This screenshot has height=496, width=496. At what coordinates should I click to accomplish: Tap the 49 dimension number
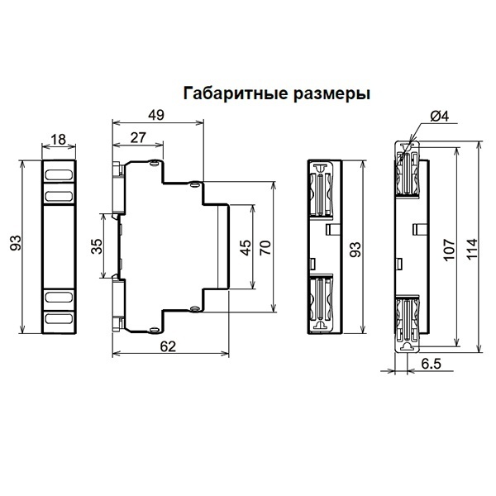coord(156,115)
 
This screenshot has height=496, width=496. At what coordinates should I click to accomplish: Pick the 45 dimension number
coord(246,249)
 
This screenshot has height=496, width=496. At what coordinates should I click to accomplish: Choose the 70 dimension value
coord(265,249)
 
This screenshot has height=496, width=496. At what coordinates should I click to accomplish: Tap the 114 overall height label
coord(471,248)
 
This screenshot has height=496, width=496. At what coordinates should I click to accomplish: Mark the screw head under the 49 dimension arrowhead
coord(195,184)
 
